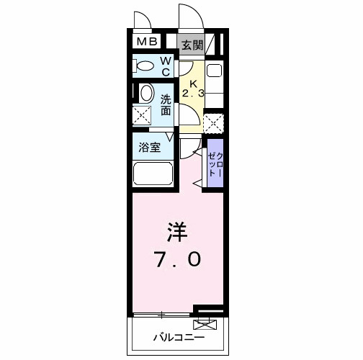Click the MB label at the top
click(x=147, y=42)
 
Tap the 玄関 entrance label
click(x=192, y=45)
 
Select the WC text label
click(x=165, y=66)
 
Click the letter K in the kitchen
click(x=193, y=81)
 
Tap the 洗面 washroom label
click(x=166, y=105)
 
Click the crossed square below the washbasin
click(x=143, y=116)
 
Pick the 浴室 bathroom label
click(x=150, y=148)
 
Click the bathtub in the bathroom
click(x=153, y=174)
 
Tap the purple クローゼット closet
click(x=215, y=164)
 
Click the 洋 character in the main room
click(x=178, y=232)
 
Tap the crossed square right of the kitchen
click(x=213, y=123)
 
